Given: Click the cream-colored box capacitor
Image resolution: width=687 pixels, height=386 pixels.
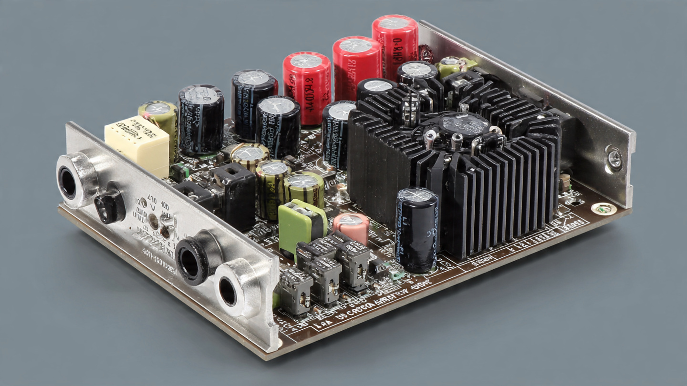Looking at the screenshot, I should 137,141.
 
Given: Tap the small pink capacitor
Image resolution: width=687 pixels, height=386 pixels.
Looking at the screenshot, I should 351,228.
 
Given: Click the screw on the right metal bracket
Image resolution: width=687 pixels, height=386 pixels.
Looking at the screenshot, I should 614,157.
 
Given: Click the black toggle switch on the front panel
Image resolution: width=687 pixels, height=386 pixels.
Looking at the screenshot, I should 109,205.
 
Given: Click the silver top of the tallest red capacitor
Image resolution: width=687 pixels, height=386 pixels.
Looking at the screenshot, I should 394,22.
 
